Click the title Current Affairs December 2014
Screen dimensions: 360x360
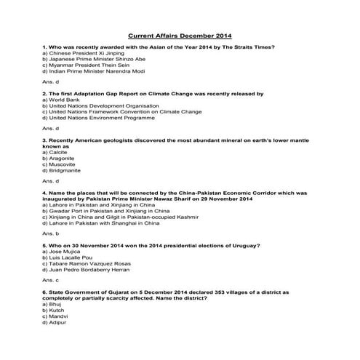(180, 35)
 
